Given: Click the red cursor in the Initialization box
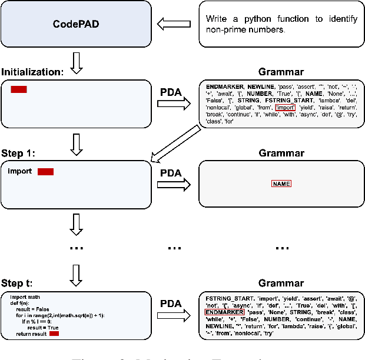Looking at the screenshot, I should click(19, 89).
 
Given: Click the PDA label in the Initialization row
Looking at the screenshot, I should click(171, 92).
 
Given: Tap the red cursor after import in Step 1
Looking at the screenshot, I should click(45, 172).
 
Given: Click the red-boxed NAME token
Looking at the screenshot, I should click(281, 184).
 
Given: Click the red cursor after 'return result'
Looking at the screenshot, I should click(54, 334).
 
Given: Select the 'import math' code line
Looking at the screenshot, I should click(23, 297).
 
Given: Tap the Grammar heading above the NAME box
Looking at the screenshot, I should click(281, 154).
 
